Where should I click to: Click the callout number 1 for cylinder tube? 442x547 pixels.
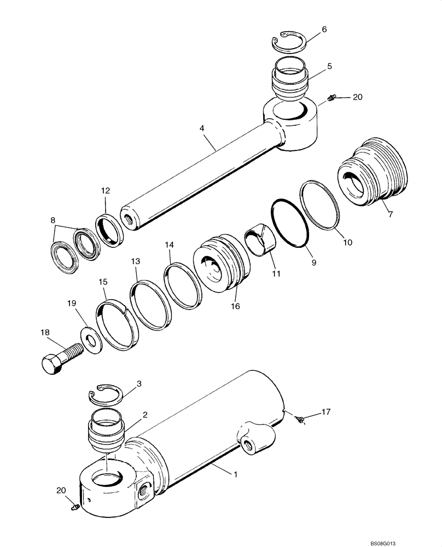(236, 475)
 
